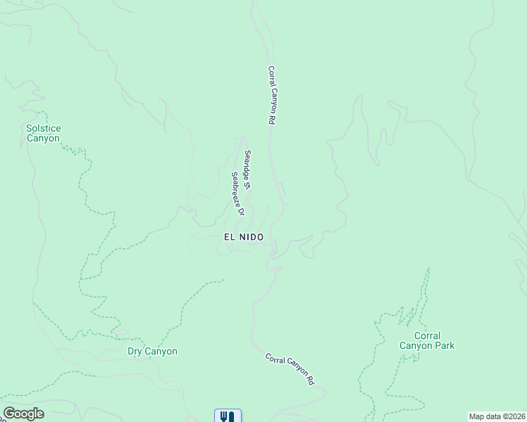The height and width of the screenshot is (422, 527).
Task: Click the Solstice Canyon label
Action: tap(43, 133)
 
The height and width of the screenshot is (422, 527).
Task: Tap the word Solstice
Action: tap(43, 128)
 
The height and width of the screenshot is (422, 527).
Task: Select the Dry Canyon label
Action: tap(152, 351)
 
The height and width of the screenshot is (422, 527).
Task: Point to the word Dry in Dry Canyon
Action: tap(135, 351)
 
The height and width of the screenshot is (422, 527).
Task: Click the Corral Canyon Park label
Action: tap(427, 340)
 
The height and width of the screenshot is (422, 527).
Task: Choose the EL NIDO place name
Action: tap(244, 238)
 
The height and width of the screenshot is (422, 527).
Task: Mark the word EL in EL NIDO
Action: tap(229, 238)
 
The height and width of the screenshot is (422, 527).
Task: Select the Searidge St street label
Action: tap(247, 170)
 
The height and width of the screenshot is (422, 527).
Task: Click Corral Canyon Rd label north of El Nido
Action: tap(270, 96)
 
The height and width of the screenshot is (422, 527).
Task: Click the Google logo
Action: tap(23, 414)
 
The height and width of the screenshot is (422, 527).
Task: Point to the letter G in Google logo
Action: tap(9, 414)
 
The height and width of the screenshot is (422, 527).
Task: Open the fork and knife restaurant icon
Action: tap(228, 416)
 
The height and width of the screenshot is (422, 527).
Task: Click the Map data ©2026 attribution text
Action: tap(497, 416)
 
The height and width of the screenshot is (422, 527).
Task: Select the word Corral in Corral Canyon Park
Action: tap(427, 335)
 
